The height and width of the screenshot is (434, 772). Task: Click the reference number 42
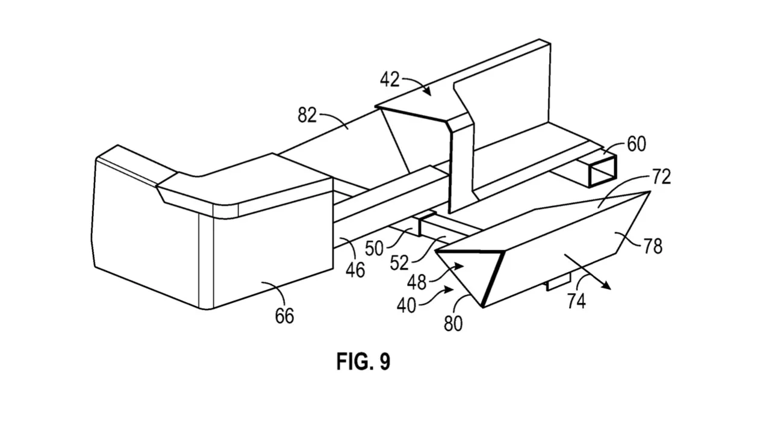click(390, 79)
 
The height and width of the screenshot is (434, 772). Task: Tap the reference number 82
click(307, 115)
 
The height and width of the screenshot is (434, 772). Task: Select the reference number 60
click(637, 144)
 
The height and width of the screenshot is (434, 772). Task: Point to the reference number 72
click(661, 177)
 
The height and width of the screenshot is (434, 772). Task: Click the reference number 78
click(653, 246)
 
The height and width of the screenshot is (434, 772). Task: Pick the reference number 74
click(576, 301)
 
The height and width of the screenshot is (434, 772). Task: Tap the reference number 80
click(453, 323)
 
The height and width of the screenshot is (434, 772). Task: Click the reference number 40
click(406, 305)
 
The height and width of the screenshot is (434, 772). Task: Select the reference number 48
click(417, 283)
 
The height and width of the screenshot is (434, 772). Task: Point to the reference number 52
click(399, 262)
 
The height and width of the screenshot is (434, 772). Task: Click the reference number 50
click(375, 248)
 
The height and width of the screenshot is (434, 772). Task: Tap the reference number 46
click(355, 270)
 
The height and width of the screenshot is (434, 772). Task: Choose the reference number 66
click(285, 316)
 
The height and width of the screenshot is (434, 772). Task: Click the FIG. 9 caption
click(364, 361)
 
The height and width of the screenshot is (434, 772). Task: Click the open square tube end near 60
click(602, 171)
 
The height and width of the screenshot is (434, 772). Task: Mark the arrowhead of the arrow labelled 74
click(607, 286)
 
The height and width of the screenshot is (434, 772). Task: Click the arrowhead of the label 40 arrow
click(449, 290)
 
